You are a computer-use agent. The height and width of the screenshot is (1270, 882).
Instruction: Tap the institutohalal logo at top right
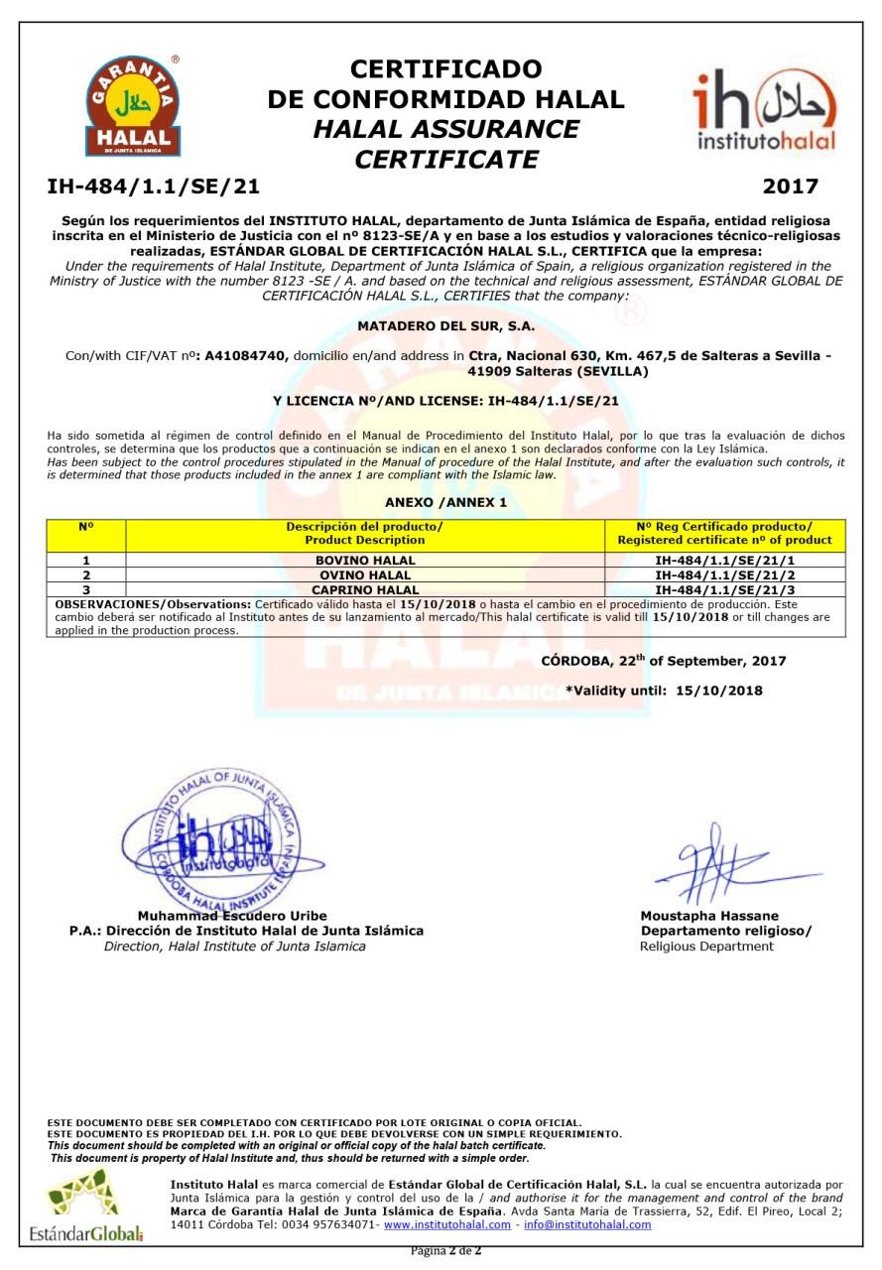pyautogui.click(x=764, y=110)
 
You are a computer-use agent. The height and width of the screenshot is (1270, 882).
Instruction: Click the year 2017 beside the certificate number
pyautogui.click(x=790, y=187)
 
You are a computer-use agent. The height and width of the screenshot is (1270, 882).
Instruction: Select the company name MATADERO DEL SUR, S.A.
pyautogui.click(x=445, y=325)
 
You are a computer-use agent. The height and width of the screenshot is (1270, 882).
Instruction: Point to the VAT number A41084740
pyautogui.click(x=247, y=356)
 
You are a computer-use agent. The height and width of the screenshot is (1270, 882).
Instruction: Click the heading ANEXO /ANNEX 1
pyautogui.click(x=445, y=502)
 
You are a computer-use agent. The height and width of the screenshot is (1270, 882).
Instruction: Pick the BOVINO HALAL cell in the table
pyautogui.click(x=365, y=561)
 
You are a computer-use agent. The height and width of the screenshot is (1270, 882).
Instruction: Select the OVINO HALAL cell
pyautogui.click(x=365, y=575)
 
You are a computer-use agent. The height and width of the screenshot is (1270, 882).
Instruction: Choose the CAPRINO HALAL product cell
pyautogui.click(x=365, y=589)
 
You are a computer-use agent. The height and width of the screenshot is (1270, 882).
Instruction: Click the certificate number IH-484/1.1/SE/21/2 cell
pyautogui.click(x=724, y=575)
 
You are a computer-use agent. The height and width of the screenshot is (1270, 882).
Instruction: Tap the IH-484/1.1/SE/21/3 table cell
pyautogui.click(x=724, y=589)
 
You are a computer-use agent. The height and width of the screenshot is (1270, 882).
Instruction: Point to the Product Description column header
pyautogui.click(x=365, y=533)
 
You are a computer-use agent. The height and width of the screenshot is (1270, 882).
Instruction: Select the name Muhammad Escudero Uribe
pyautogui.click(x=232, y=916)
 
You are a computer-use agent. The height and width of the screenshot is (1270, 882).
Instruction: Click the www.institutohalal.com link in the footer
pyautogui.click(x=447, y=1224)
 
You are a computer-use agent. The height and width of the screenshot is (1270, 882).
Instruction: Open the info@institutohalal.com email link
pyautogui.click(x=587, y=1224)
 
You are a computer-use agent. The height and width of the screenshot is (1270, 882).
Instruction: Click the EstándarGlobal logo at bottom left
pyautogui.click(x=86, y=1206)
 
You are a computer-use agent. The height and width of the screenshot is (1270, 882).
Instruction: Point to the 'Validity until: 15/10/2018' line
pyautogui.click(x=664, y=691)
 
